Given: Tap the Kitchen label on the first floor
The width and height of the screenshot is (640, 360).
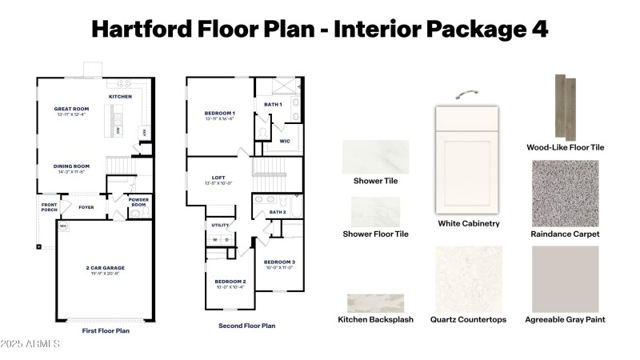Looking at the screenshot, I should [120, 96].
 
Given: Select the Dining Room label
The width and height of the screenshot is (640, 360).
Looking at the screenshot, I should [71, 167].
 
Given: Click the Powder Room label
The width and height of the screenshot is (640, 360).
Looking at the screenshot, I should [139, 202].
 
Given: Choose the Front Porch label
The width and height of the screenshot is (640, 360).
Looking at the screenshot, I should [50, 206].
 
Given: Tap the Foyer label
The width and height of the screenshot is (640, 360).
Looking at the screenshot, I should [86, 207].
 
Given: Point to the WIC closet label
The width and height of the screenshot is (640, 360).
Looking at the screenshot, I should [284, 141].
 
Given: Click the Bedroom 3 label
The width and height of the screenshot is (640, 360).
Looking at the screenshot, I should [279, 262].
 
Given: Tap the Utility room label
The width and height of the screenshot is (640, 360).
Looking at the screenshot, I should [221, 226].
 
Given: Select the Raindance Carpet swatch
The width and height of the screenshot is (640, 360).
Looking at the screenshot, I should [565, 193].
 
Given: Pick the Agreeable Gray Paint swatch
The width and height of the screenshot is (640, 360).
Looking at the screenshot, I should [565, 278].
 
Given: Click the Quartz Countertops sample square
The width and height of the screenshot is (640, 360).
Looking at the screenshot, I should [468, 278].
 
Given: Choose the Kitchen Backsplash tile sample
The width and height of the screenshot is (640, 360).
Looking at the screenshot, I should [374, 303].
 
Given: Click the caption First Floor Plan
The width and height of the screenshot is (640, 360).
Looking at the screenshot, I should [106, 330].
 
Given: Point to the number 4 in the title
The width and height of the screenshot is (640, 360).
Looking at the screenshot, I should [538, 29].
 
